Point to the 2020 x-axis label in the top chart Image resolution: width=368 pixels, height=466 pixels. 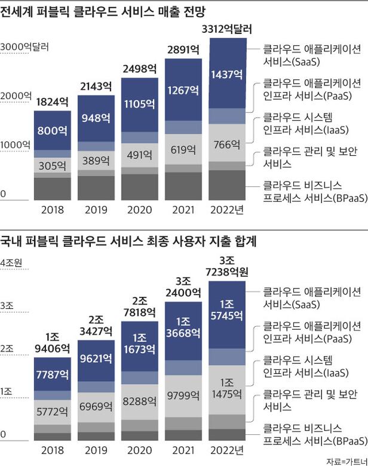140,210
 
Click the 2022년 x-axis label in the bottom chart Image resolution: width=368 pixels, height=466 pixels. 228,450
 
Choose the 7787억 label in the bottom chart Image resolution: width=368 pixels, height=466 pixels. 52,375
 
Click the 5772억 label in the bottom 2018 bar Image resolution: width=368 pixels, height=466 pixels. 52,412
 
